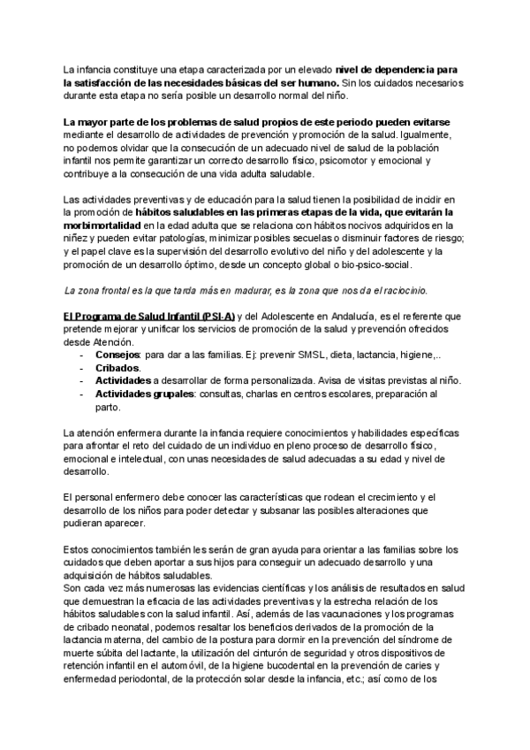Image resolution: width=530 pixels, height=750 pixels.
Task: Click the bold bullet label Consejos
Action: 117,355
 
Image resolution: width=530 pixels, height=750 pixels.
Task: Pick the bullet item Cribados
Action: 117,368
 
